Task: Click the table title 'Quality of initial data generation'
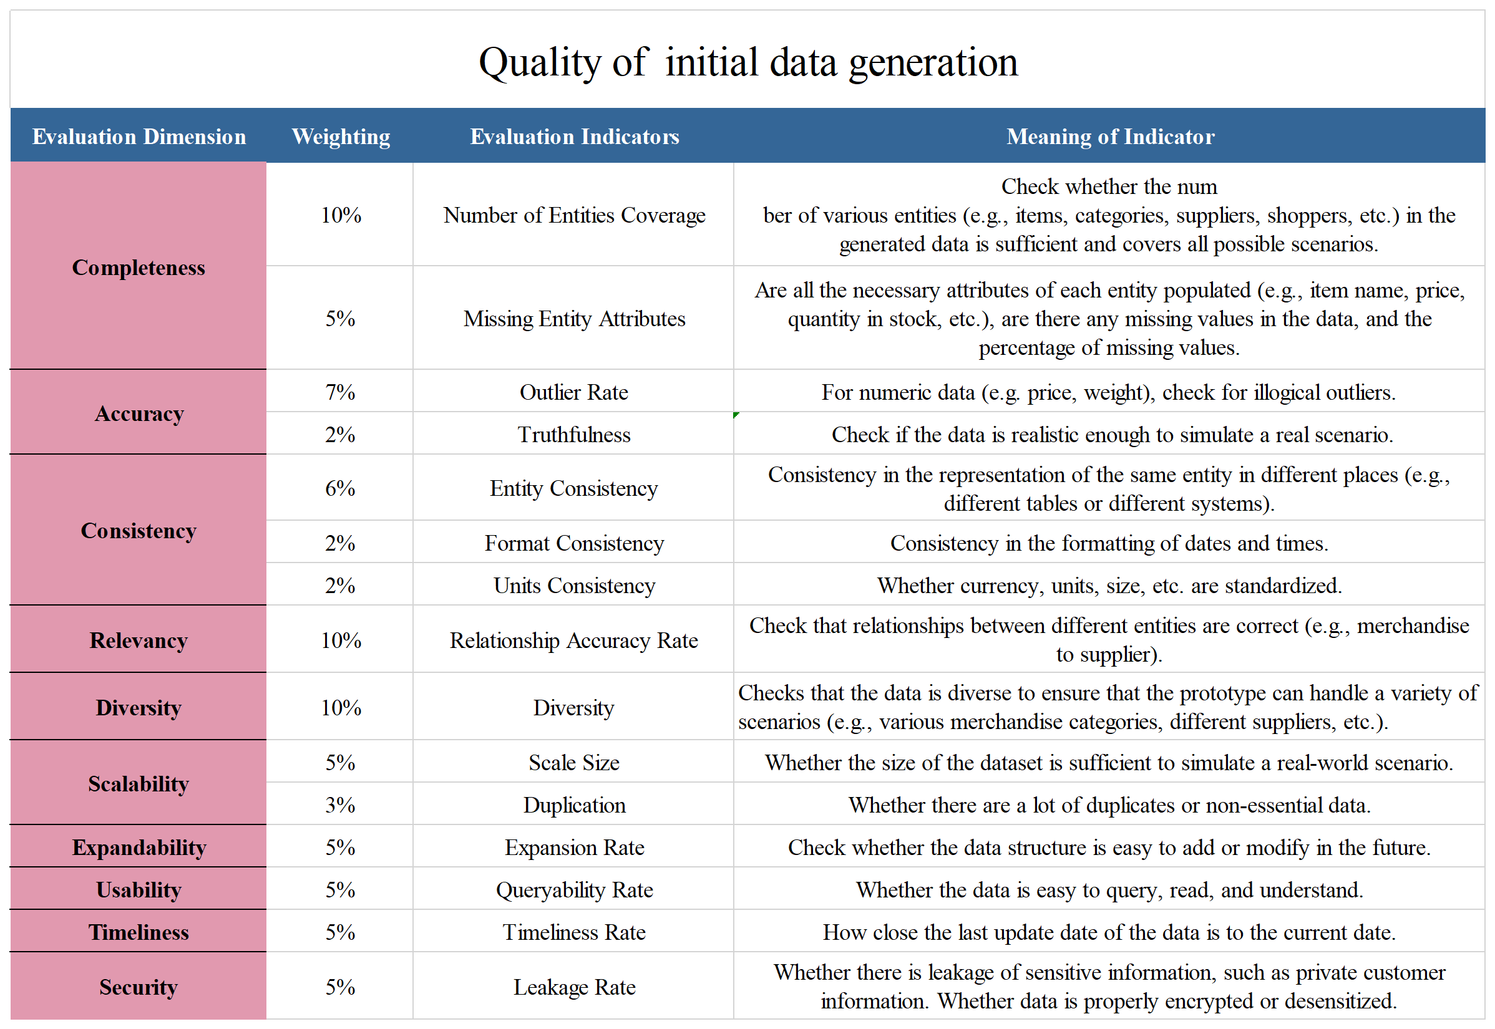(x=747, y=62)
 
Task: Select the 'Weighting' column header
(x=341, y=136)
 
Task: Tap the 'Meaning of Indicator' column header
(x=1109, y=136)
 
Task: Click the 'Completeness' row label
(x=138, y=267)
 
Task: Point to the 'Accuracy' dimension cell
(x=139, y=413)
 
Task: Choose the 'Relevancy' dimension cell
(x=138, y=640)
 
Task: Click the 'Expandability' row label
(x=139, y=846)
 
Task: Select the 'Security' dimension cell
(x=138, y=987)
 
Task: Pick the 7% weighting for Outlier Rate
(x=340, y=392)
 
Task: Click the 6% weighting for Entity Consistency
(x=340, y=488)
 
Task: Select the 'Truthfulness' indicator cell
(x=573, y=434)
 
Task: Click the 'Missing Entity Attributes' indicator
(x=573, y=318)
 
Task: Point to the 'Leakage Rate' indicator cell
(x=573, y=987)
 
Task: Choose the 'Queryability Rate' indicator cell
(x=573, y=889)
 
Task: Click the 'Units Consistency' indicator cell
(x=573, y=585)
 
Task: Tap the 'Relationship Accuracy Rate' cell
(x=573, y=640)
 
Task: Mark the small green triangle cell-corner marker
(x=736, y=415)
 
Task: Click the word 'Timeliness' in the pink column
(x=138, y=932)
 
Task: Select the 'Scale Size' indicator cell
(x=573, y=762)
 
